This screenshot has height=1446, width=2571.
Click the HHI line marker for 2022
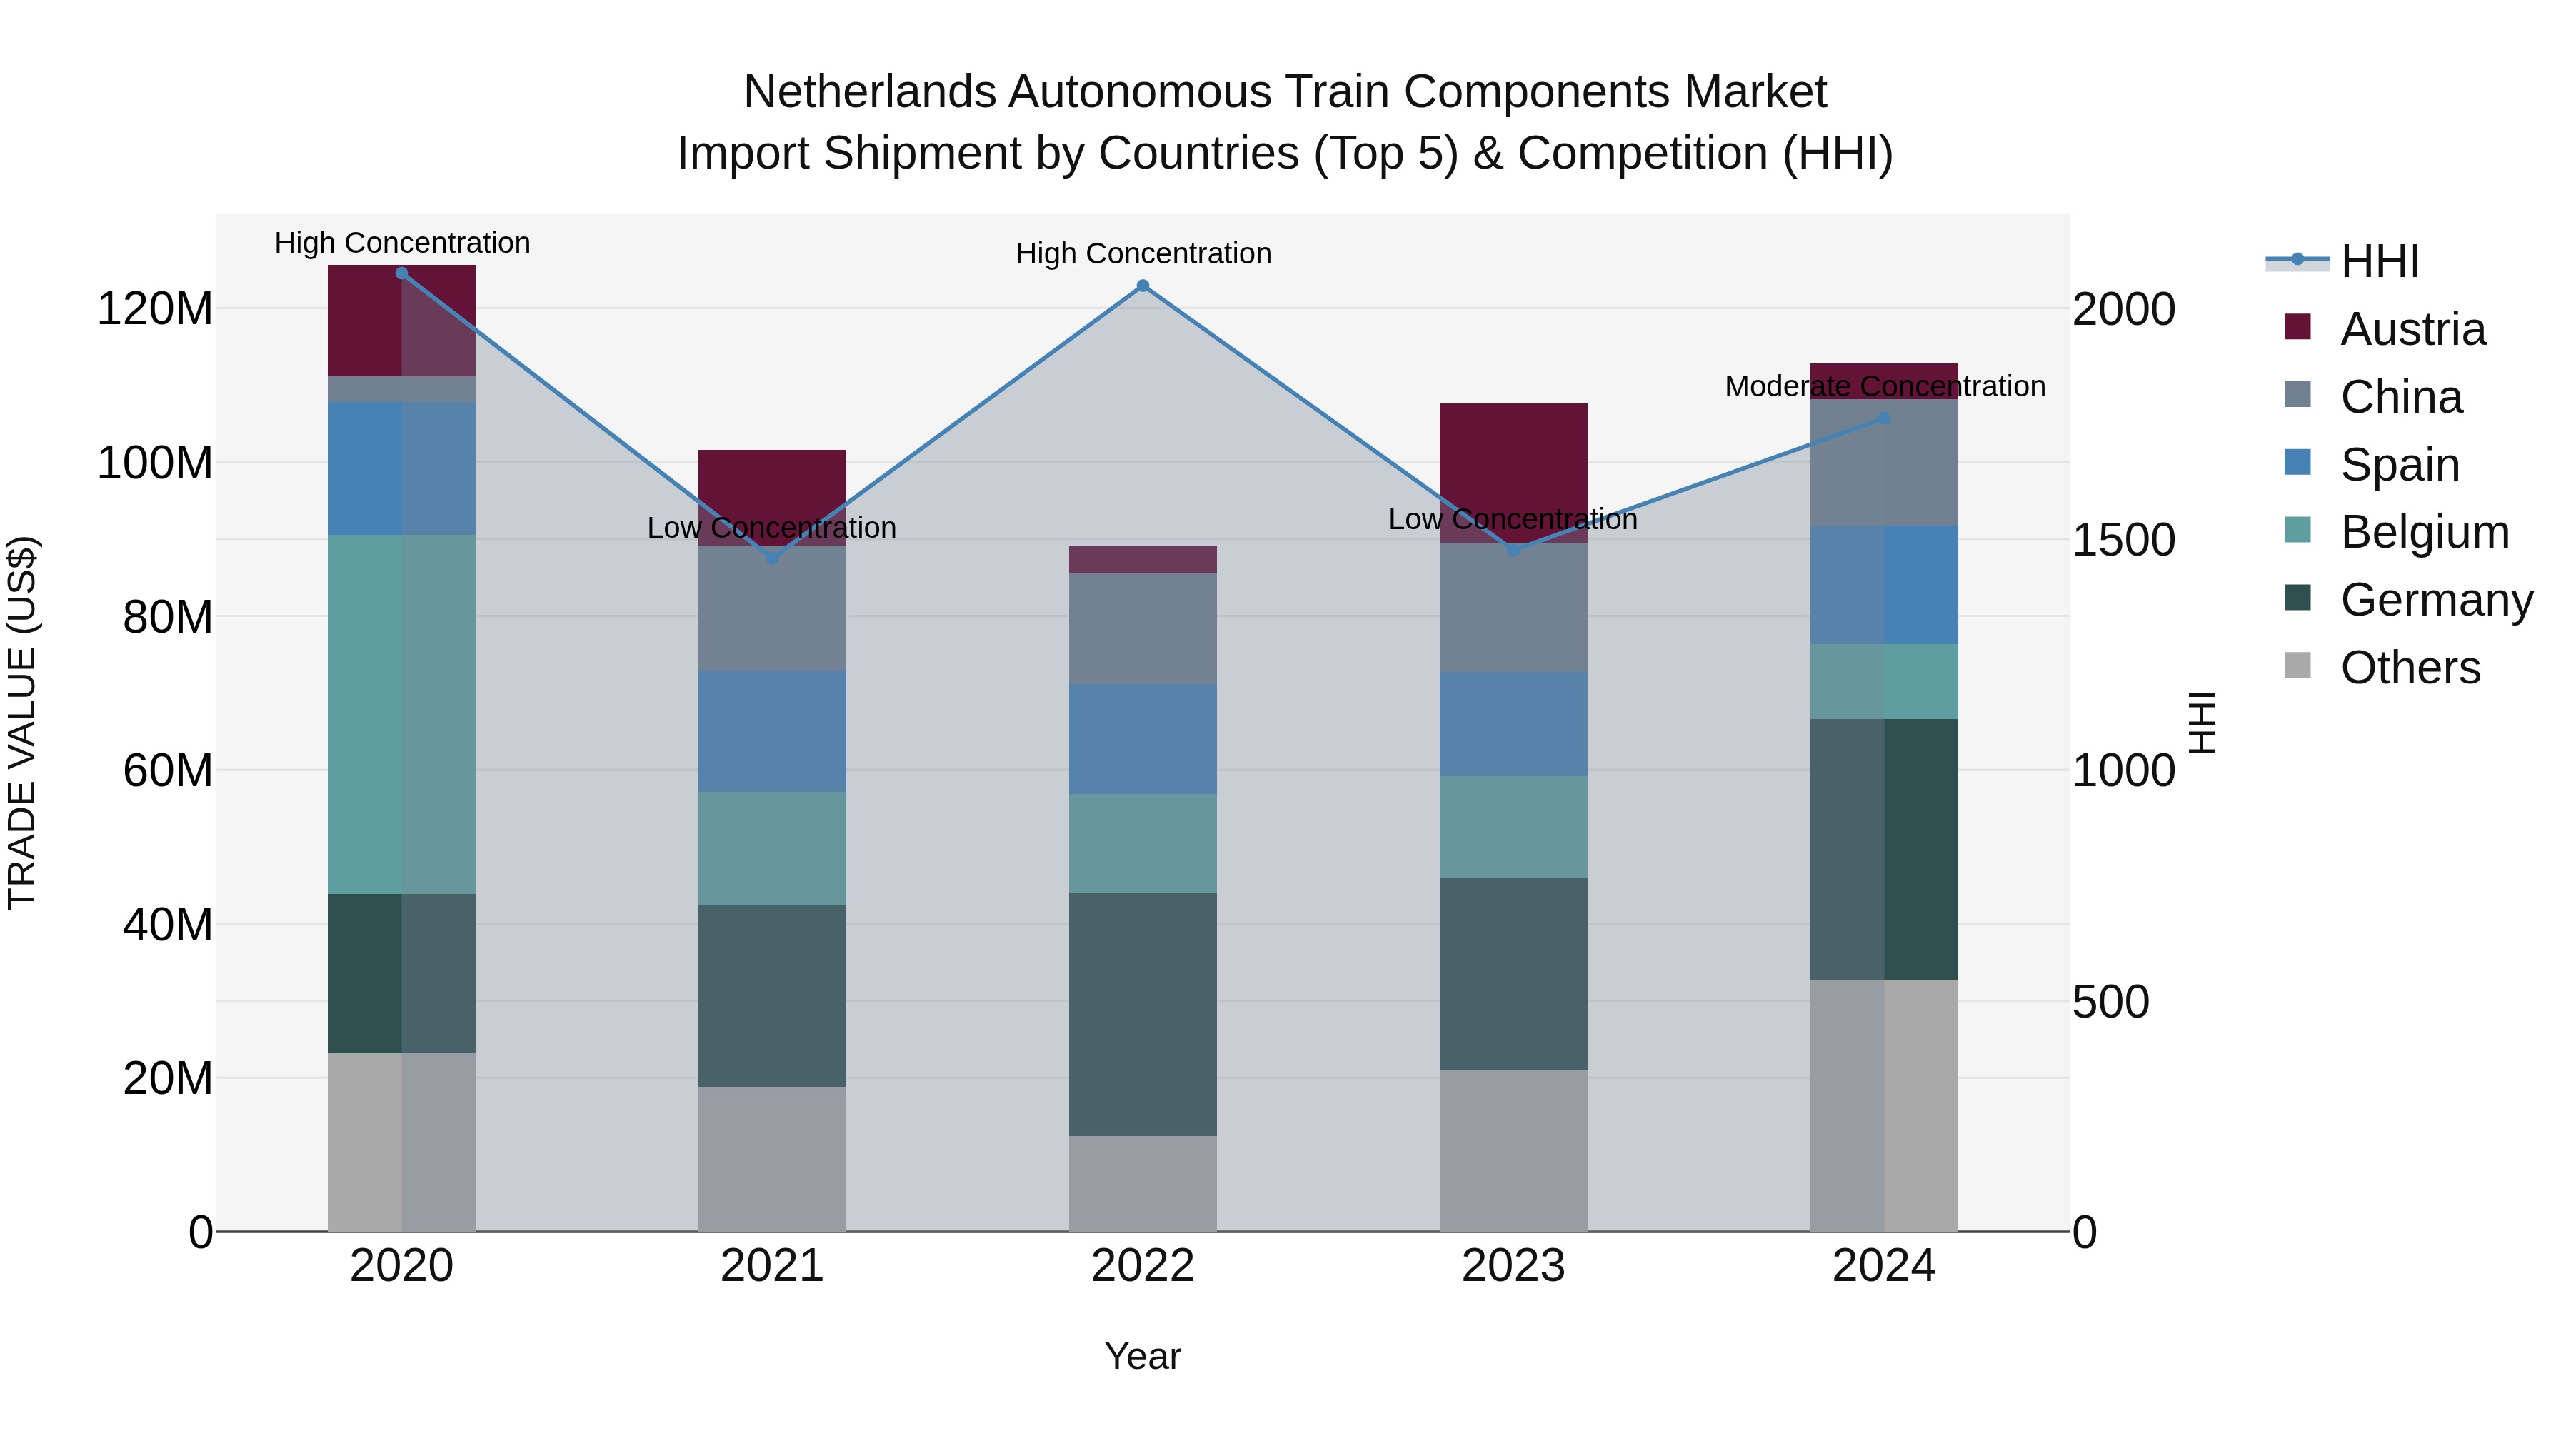point(1143,286)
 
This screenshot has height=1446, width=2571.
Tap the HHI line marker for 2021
point(771,558)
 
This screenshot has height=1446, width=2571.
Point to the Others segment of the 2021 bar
point(771,1158)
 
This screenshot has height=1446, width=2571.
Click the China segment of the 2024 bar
point(1883,462)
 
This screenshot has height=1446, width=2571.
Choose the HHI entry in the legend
point(2380,261)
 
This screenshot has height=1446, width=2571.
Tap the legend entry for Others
point(2410,668)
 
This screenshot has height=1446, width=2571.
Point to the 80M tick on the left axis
point(168,617)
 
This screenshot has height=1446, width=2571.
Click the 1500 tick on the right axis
point(2123,540)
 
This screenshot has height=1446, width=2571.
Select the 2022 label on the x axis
point(1143,1266)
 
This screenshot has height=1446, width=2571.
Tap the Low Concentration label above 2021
point(771,527)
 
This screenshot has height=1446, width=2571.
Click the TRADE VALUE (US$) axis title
point(22,723)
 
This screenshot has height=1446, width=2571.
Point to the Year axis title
point(1143,1356)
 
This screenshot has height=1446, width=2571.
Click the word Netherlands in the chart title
point(869,92)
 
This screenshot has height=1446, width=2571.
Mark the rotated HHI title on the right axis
point(2202,723)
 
